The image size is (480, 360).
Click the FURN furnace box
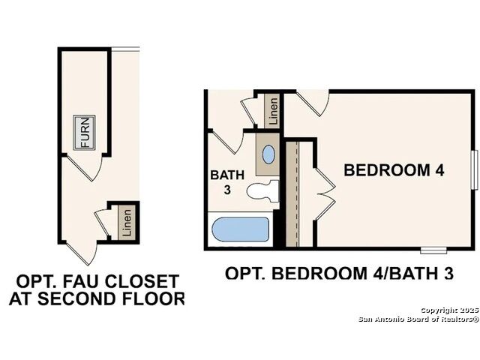pyautogui.click(x=84, y=133)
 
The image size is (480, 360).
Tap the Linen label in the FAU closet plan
pyautogui.click(x=127, y=223)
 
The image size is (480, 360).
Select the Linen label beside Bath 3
pyautogui.click(x=274, y=110)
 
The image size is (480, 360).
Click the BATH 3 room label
pyautogui.click(x=227, y=182)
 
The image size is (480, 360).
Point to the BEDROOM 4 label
pyautogui.click(x=394, y=170)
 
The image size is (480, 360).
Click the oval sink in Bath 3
pyautogui.click(x=268, y=154)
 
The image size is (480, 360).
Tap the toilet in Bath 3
pyautogui.click(x=262, y=191)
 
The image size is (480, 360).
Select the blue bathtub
pyautogui.click(x=241, y=229)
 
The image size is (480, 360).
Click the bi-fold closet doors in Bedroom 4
pyautogui.click(x=325, y=193)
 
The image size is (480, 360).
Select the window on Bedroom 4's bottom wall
pyautogui.click(x=433, y=250)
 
